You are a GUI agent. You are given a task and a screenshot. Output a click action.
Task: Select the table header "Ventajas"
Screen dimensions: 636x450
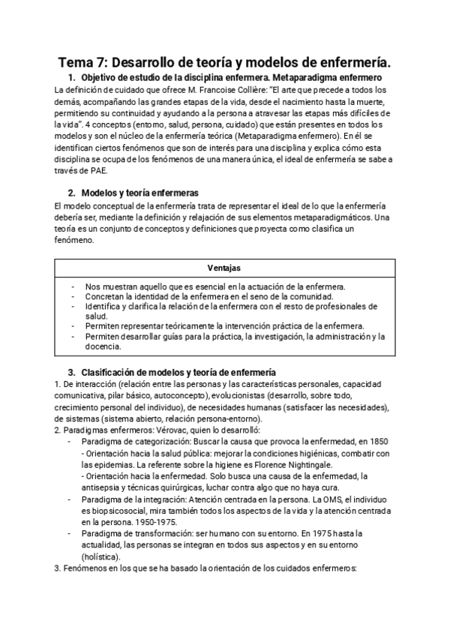pyautogui.click(x=224, y=268)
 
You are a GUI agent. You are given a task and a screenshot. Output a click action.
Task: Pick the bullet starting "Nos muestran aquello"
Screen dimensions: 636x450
pyautogui.click(x=214, y=286)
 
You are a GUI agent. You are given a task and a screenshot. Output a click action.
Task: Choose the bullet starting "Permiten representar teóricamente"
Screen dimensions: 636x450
pyautogui.click(x=224, y=326)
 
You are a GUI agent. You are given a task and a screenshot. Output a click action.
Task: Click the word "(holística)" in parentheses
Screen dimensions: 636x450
pyautogui.click(x=102, y=556)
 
